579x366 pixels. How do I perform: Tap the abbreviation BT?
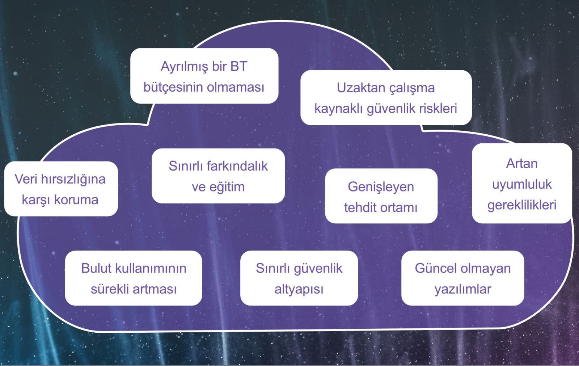238,66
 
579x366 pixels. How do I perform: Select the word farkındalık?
237,166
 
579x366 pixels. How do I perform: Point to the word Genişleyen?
381,188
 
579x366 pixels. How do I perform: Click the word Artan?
521,164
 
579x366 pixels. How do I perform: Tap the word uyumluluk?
521,185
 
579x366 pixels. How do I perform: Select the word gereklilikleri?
521,205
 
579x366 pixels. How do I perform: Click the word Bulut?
96,268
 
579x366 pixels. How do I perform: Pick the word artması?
155,289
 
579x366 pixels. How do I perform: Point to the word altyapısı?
299,290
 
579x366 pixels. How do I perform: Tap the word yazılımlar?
463,290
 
